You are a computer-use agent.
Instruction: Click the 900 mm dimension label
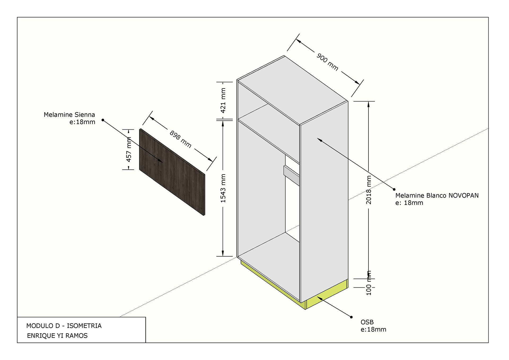point(327,62)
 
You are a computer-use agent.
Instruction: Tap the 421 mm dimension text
point(223,100)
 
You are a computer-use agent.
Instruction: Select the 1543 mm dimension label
point(223,188)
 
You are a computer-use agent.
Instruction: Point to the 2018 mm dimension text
point(369,190)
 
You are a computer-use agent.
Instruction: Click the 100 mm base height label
point(369,283)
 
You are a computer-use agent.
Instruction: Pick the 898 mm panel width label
point(181,139)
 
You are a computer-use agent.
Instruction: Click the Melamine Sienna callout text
point(69,115)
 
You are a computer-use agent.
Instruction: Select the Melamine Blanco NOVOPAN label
point(437,196)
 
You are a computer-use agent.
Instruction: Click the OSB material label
point(367,322)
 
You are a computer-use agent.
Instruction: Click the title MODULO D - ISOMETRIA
point(64,326)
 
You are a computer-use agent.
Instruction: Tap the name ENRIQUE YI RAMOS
point(57,336)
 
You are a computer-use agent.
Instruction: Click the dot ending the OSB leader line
point(352,317)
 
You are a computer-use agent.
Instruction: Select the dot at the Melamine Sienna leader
point(103,120)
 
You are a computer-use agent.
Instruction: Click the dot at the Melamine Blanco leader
point(394,189)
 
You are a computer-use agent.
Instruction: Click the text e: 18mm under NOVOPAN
point(409,203)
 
